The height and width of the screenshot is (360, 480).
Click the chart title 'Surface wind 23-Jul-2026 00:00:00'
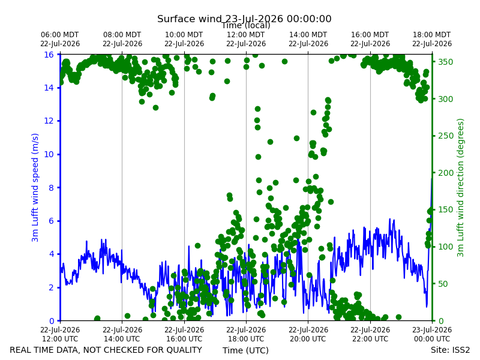point(244,19)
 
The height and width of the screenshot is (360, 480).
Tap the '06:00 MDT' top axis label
point(60,35)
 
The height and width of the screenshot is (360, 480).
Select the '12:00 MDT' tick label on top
point(246,35)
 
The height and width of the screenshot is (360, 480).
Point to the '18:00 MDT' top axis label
point(432,35)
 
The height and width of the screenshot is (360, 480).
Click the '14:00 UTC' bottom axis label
point(122,339)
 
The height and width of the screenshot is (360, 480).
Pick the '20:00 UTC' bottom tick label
point(308,339)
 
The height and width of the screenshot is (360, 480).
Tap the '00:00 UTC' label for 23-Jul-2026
point(432,339)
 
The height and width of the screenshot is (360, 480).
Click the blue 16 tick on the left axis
point(49,55)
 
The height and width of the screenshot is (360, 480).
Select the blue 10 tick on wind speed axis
point(49,154)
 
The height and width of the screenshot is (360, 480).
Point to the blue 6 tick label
point(52,221)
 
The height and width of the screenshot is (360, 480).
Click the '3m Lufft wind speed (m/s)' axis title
point(35,187)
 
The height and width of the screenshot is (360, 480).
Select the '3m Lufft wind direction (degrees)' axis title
point(460,188)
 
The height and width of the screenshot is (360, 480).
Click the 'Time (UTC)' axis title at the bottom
point(245,350)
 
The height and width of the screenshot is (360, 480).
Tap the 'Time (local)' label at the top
point(246,26)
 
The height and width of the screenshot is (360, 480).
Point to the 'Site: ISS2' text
point(450,350)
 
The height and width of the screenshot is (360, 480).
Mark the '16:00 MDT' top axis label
point(370,35)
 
